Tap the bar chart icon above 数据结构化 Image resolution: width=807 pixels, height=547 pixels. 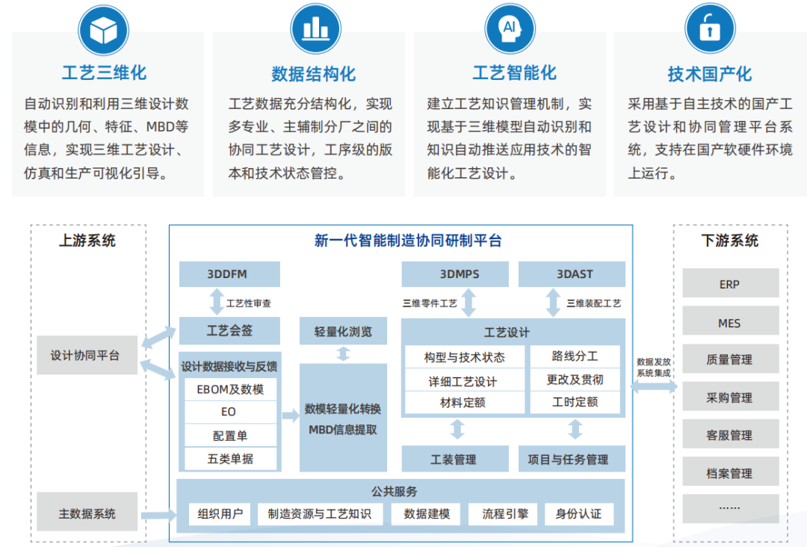(x=315, y=29)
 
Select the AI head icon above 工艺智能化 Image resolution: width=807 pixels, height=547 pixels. (x=510, y=29)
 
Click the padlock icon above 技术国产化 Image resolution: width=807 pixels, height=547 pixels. (x=709, y=29)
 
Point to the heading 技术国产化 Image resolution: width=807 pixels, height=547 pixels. (x=709, y=74)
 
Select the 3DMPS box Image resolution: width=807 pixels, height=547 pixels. (x=455, y=274)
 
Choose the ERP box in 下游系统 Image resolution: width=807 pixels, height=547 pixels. (x=729, y=284)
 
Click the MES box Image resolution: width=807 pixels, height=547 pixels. (x=729, y=323)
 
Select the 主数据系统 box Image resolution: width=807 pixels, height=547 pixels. (x=87, y=513)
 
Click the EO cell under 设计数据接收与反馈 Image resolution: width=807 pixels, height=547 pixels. (x=229, y=412)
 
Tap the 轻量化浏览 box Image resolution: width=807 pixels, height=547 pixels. (x=343, y=331)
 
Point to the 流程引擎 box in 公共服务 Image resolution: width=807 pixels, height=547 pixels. (x=504, y=513)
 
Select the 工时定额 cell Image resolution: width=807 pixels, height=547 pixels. (x=575, y=402)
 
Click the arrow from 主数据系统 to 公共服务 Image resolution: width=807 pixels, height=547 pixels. (x=158, y=514)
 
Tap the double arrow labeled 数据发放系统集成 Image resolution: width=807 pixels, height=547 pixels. (x=654, y=386)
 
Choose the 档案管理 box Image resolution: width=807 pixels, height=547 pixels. (x=729, y=473)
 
